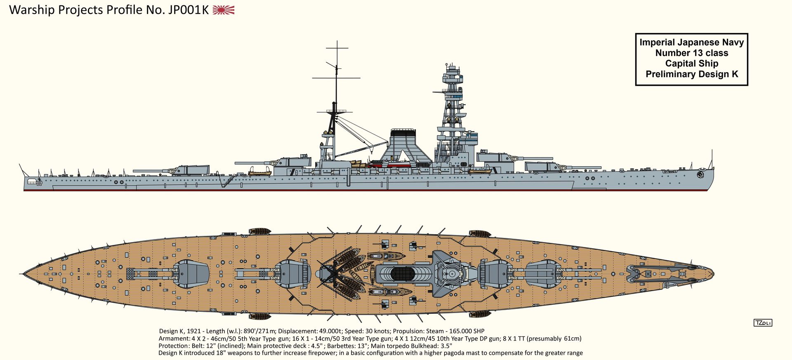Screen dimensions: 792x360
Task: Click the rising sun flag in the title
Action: click(224, 10)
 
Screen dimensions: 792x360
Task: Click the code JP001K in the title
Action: click(189, 10)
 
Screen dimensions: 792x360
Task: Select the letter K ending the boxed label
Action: click(735, 74)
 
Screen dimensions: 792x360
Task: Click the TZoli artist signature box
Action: click(763, 323)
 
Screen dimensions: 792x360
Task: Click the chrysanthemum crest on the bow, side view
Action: click(700, 174)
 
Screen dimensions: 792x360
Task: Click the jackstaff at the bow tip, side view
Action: click(712, 159)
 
